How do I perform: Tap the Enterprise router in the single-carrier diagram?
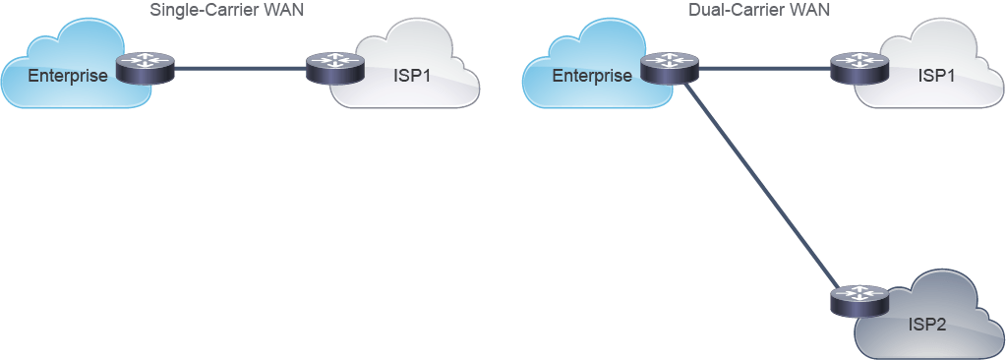(x=146, y=69)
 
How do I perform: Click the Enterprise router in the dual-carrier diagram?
(x=669, y=69)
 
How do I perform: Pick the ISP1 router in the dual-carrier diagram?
(x=859, y=69)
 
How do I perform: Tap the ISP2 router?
(x=859, y=300)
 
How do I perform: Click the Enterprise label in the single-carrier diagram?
(x=68, y=77)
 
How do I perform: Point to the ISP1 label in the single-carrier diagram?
(x=411, y=77)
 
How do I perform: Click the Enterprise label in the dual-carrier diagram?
(x=592, y=77)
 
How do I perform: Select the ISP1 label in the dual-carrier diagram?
(x=936, y=77)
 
